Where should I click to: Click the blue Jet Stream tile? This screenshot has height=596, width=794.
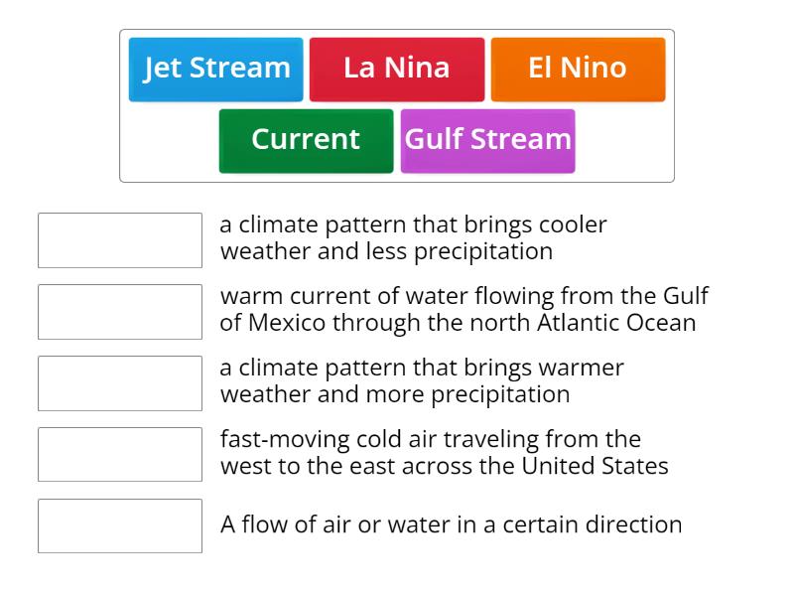(215, 70)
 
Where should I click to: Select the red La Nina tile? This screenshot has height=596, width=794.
(397, 70)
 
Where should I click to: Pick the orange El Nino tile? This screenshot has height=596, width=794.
(578, 70)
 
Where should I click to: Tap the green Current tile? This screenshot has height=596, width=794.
(307, 141)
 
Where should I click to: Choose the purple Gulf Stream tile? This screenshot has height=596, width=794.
(487, 141)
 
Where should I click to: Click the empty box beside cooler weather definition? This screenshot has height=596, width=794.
(120, 240)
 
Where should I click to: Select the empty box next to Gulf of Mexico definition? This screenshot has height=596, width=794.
(120, 312)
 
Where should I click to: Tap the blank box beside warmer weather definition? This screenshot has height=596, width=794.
(120, 383)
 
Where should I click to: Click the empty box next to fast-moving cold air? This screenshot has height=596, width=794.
(120, 455)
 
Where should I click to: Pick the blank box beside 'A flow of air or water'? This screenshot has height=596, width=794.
(120, 526)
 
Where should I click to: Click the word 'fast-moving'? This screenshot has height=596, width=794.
(285, 439)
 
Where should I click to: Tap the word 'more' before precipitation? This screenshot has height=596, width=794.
(395, 394)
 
